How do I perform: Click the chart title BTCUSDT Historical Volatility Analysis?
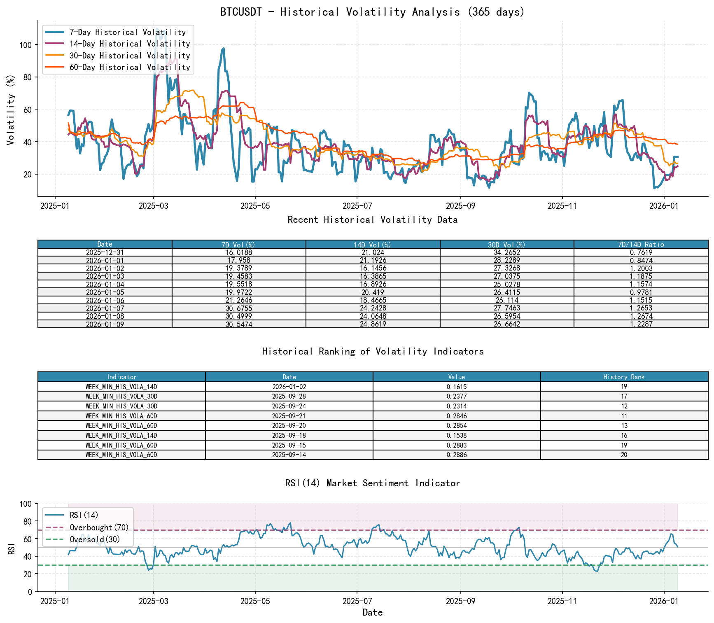[372, 12]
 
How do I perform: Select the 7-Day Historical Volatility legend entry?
[128, 32]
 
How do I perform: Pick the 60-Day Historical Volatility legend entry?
[130, 67]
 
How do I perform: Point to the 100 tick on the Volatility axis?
[26, 44]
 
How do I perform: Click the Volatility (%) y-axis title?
[11, 110]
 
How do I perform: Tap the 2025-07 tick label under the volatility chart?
[356, 206]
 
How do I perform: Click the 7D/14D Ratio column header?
[641, 245]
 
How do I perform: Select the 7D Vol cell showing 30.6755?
[239, 308]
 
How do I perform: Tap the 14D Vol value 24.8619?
[373, 324]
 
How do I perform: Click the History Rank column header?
[624, 377]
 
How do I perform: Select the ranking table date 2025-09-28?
[289, 397]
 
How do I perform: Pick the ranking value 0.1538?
[456, 436]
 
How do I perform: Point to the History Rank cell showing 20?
[624, 455]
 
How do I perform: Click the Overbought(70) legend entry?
[99, 527]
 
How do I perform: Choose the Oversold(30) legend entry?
[95, 539]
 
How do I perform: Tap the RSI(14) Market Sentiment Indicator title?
[372, 483]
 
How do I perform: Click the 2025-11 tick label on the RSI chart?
[562, 601]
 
